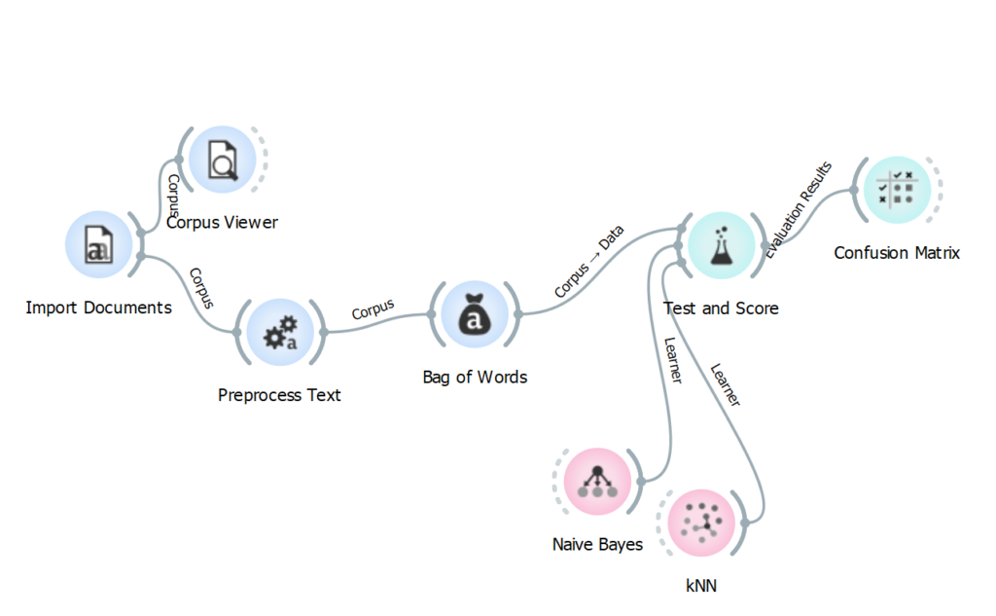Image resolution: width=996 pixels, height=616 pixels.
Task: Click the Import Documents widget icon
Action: (x=98, y=244)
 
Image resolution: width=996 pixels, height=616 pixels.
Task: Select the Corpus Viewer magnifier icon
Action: (x=223, y=160)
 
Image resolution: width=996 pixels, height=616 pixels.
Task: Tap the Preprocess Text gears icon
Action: (x=279, y=332)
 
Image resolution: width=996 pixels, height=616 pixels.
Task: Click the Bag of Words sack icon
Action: (x=474, y=313)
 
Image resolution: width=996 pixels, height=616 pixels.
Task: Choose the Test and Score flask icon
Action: (x=721, y=245)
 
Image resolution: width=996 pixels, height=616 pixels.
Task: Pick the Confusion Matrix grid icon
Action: (x=896, y=189)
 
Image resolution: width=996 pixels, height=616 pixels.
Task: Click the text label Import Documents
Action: (x=98, y=308)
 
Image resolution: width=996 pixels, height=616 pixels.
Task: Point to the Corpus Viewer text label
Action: (x=222, y=223)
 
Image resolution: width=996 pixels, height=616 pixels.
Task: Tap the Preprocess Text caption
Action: (x=279, y=395)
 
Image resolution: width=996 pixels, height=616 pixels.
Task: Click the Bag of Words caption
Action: (x=475, y=377)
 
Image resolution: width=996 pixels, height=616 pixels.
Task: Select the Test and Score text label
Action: (x=721, y=308)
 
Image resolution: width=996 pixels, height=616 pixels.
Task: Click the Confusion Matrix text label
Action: (x=897, y=253)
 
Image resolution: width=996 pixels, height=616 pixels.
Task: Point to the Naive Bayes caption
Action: (x=597, y=544)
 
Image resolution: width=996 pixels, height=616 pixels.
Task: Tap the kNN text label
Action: (x=700, y=586)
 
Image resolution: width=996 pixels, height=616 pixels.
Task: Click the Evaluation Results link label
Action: (x=799, y=209)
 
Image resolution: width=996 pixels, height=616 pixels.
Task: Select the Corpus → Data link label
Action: (x=589, y=262)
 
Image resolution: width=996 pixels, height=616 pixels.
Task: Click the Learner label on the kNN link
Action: (x=726, y=385)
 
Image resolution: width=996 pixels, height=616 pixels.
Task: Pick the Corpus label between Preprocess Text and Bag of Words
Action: (x=373, y=308)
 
